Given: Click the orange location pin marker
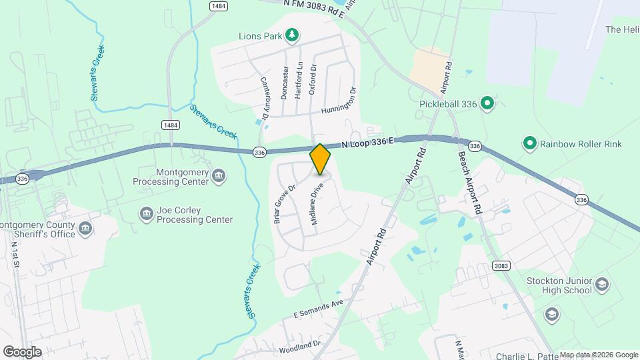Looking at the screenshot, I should [320, 159].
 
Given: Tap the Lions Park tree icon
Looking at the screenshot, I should [291, 34].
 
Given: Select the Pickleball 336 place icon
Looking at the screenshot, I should [487, 103].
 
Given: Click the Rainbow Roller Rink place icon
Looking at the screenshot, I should [530, 143].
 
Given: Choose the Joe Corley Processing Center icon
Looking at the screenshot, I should [146, 214].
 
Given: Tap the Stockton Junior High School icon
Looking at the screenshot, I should [603, 285].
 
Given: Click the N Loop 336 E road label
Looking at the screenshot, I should [368, 143].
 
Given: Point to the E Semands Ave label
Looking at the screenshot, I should [317, 307].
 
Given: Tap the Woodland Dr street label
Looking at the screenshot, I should [300, 347].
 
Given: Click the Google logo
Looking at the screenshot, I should [22, 352].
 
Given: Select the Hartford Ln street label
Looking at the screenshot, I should [299, 81].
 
